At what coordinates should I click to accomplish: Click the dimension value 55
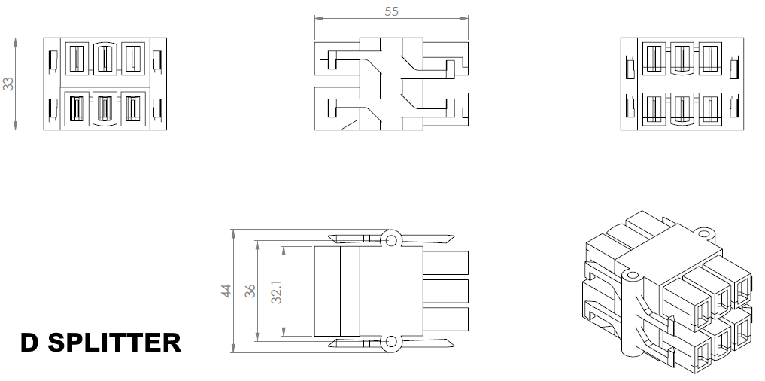click(391, 11)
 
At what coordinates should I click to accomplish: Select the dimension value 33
click(9, 84)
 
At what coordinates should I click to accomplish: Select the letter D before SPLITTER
click(29, 343)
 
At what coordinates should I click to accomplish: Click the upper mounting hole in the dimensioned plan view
click(390, 239)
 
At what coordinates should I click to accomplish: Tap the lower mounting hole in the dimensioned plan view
click(390, 343)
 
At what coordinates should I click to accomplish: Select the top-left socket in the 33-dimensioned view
click(77, 58)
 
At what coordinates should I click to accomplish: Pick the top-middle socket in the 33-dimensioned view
click(105, 58)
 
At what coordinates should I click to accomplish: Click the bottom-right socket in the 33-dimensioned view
click(132, 110)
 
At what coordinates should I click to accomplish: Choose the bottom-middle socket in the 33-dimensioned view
click(105, 110)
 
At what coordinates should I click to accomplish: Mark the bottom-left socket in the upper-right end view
click(654, 109)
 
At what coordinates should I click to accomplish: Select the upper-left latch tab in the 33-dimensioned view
click(53, 58)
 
